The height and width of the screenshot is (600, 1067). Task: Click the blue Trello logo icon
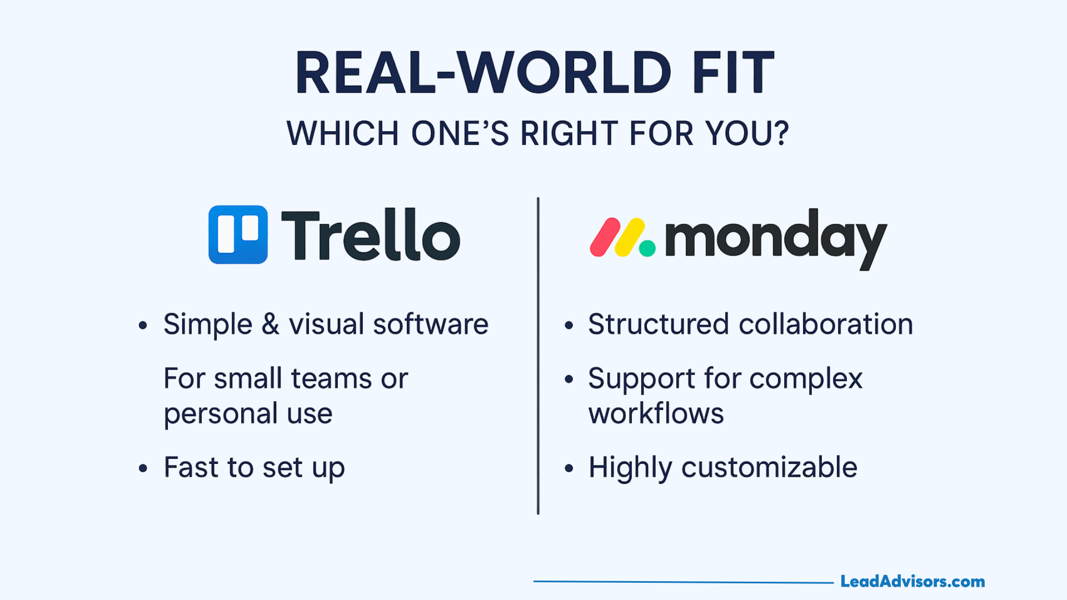(x=238, y=234)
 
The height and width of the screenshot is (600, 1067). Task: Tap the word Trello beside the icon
(x=371, y=235)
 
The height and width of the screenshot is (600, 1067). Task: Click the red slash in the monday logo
(x=605, y=237)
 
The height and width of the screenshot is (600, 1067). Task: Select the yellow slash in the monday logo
(x=630, y=237)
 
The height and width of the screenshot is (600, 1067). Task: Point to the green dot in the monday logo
(x=647, y=248)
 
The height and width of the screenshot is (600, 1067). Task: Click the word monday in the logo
(x=776, y=239)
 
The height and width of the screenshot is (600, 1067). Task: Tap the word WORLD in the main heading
(x=564, y=73)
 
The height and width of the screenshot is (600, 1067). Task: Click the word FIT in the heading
(x=733, y=73)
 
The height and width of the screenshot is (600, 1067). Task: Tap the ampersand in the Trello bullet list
(x=271, y=324)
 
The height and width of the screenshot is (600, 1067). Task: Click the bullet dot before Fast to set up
(x=143, y=469)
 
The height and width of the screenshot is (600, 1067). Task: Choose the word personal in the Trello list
(x=221, y=414)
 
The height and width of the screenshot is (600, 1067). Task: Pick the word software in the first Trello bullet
(x=431, y=324)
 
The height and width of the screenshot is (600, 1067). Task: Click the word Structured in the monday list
(x=659, y=324)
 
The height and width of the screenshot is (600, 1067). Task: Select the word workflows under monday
(x=656, y=413)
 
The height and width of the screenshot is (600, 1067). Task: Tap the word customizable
(x=770, y=467)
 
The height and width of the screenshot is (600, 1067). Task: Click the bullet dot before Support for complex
(x=569, y=380)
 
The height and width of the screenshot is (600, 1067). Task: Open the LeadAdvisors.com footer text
(x=913, y=582)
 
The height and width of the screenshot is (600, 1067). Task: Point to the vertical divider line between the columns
(x=538, y=356)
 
